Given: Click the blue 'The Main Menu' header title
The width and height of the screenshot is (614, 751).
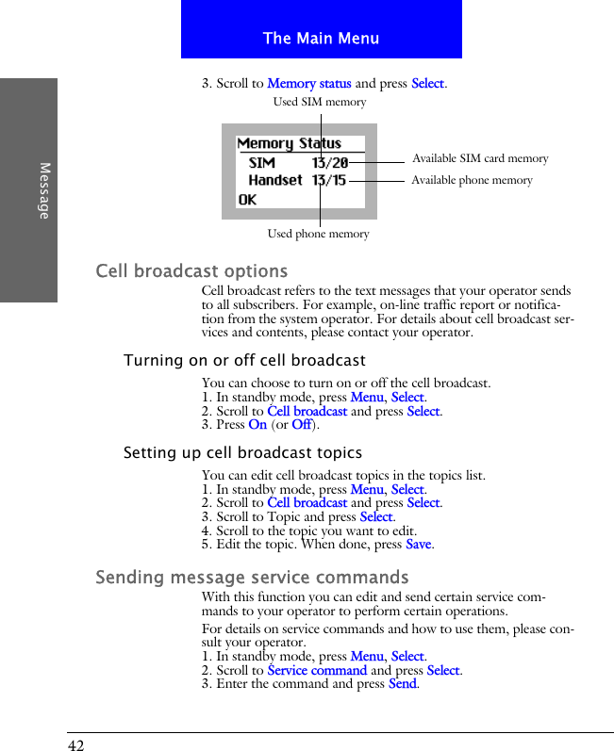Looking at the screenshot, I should (321, 39).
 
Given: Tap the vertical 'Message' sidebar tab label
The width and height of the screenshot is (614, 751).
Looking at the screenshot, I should (44, 190).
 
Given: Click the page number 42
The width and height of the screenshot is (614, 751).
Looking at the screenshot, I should (75, 745).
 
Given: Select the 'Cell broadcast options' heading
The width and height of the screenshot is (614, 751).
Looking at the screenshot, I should (191, 271).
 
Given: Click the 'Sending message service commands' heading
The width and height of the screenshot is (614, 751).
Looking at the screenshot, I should (252, 577).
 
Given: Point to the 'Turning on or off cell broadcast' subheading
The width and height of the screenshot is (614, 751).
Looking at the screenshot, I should (244, 361).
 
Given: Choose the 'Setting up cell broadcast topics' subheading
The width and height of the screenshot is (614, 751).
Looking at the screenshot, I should (242, 453).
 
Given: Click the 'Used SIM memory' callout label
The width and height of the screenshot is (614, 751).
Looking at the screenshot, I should (319, 102).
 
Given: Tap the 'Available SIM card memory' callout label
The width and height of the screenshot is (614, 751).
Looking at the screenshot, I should (480, 158).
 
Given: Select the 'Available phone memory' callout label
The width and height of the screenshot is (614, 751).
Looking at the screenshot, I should (472, 180).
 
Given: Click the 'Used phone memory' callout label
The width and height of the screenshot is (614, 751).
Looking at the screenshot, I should (318, 234).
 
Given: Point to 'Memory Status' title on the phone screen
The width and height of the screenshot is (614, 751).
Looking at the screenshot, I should (289, 144).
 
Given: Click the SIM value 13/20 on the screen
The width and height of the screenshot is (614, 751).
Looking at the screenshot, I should (329, 162).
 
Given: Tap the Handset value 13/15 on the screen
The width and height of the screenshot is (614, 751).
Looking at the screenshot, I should (328, 180).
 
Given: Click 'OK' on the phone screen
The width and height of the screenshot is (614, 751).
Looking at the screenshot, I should (247, 200).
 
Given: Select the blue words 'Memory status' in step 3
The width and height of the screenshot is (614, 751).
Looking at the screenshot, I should (308, 84).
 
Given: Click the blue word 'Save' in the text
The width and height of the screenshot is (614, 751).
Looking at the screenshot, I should (419, 545).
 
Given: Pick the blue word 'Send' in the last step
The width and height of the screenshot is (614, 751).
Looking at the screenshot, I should (402, 684).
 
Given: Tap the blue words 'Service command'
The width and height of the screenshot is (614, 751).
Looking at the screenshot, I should (317, 671).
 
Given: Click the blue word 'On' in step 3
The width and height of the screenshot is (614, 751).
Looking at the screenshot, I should (257, 425).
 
